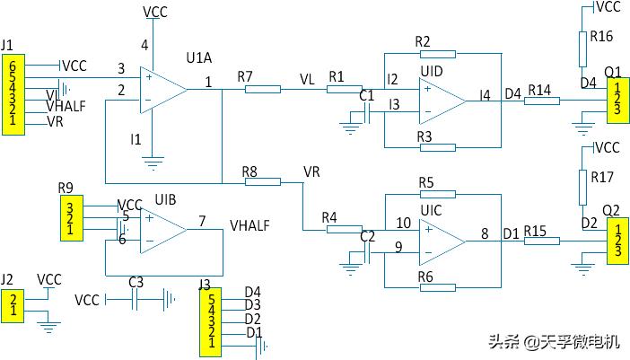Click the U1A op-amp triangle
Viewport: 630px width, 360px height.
[x=162, y=89]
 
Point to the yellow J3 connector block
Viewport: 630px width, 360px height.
[x=211, y=319]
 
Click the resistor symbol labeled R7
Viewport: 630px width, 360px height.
[x=262, y=89]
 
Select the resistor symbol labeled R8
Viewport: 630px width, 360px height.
[x=262, y=181]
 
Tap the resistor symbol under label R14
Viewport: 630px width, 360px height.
[x=540, y=100]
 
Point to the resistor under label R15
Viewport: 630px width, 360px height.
[x=540, y=240]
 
